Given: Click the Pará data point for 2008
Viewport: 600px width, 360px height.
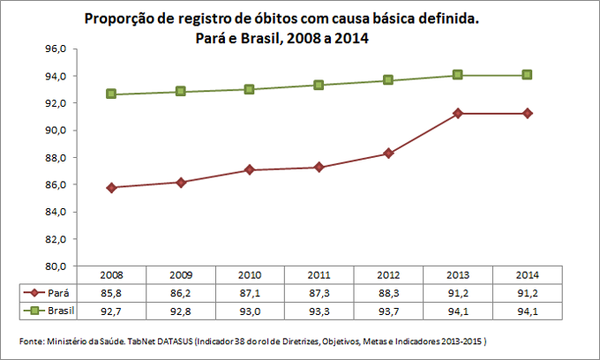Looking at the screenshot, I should click(111, 188).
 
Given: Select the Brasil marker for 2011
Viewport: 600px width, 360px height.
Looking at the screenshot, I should click(319, 85).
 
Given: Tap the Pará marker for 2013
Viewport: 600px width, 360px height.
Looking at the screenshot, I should click(457, 114).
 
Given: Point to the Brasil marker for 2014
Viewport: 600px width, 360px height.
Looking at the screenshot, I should click(527, 75).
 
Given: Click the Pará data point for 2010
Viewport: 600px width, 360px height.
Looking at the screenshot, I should click(250, 169).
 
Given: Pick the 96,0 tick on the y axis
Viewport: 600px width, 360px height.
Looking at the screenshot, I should click(56, 49).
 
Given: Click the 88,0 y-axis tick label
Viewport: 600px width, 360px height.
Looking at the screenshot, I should click(56, 158).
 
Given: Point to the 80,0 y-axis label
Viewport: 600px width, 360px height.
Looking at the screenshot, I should click(56, 266).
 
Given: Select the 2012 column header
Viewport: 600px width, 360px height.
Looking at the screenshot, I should click(387, 275).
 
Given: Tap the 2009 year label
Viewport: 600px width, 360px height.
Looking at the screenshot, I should click(180, 275).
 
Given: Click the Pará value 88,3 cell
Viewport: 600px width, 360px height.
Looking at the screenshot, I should click(387, 293).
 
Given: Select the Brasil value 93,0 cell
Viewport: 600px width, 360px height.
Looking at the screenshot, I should click(250, 311).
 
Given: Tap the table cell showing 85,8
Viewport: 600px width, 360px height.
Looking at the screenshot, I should click(111, 293).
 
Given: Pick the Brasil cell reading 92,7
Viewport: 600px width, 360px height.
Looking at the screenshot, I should click(111, 311).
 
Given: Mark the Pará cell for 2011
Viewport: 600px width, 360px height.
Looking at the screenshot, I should click(319, 293).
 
